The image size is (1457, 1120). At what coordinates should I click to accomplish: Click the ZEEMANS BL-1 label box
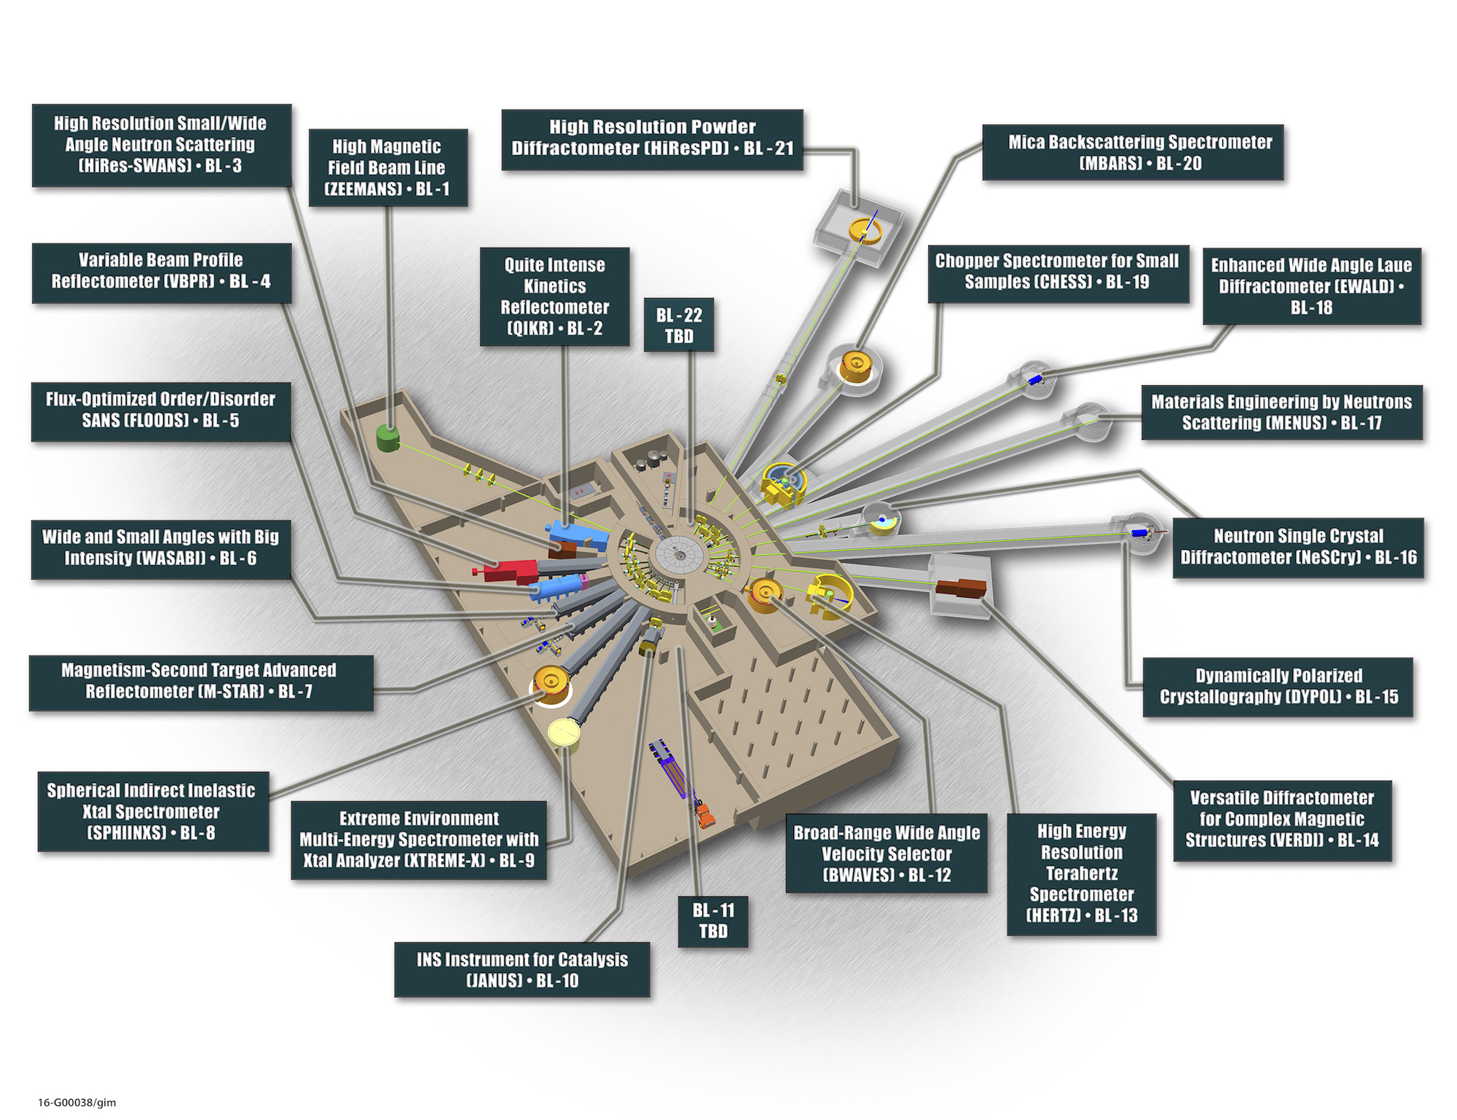coord(388,167)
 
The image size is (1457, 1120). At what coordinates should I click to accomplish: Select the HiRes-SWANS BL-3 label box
coord(161,145)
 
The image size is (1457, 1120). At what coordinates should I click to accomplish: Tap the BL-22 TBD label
coord(679,326)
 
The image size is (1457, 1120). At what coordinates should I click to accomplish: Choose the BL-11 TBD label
coord(712,920)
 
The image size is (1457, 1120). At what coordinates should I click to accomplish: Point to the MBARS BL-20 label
coord(1133,152)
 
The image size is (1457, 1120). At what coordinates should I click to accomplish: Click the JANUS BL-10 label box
coord(522,970)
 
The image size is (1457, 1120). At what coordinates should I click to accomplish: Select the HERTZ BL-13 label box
coord(1082,874)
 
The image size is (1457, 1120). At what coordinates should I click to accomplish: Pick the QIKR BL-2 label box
coord(554,296)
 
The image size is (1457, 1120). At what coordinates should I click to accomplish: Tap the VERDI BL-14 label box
coord(1282,819)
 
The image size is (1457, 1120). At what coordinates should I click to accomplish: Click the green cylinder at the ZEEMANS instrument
coord(388,437)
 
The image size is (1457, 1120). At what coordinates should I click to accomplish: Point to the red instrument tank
coord(511,571)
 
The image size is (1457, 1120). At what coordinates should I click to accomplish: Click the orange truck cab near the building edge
coord(704,815)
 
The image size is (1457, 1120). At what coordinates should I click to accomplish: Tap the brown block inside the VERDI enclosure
coord(961,587)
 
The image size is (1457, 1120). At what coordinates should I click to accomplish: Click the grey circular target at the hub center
coord(679,555)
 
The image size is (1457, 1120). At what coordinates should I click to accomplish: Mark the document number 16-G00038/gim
coord(76,1103)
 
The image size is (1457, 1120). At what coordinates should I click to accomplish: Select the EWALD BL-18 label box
coord(1311,286)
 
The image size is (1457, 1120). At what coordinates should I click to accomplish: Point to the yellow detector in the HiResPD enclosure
coord(865,231)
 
